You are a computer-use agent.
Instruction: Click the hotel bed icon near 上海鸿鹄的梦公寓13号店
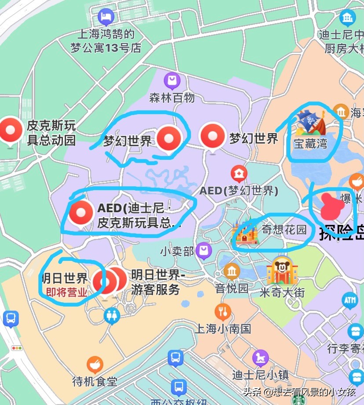click(x=106, y=17)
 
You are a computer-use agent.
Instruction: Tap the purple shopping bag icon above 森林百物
click(x=172, y=81)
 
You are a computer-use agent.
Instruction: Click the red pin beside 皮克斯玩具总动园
click(x=10, y=130)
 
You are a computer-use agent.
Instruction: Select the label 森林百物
click(x=172, y=98)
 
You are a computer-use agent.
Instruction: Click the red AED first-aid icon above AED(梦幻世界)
click(x=239, y=174)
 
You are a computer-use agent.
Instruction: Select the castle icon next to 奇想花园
click(x=246, y=232)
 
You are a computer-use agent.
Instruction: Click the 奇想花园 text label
click(x=284, y=229)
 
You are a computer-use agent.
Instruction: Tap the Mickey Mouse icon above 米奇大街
click(x=279, y=270)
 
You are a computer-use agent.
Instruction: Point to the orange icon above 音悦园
click(x=232, y=271)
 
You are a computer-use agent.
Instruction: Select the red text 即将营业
click(x=67, y=292)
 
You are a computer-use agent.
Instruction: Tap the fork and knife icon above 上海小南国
click(x=223, y=311)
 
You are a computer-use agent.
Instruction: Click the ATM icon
click(x=350, y=300)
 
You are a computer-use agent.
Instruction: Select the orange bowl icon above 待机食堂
click(x=95, y=364)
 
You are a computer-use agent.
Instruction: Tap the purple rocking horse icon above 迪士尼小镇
click(x=260, y=358)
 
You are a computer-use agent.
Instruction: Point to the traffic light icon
click(x=17, y=348)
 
